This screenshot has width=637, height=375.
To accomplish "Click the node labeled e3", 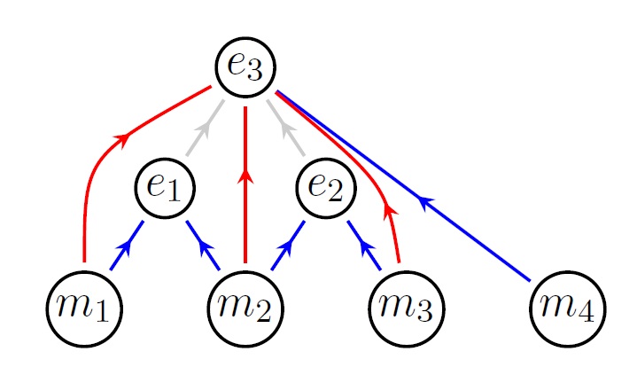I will [245, 66].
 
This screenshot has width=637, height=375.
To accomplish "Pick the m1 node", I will [84, 308].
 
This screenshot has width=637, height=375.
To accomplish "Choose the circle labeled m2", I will [245, 308].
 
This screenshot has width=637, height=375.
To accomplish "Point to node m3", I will [406, 308].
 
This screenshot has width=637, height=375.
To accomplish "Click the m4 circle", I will [567, 308].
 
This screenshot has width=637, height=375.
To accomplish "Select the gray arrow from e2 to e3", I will [288, 131].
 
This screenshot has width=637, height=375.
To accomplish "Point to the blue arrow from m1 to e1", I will [126, 246].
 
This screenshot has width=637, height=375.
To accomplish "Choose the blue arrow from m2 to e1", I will [203, 246].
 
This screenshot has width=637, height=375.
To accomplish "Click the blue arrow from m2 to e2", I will [287, 246].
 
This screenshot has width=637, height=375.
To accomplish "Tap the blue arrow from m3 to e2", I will [364, 246].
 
